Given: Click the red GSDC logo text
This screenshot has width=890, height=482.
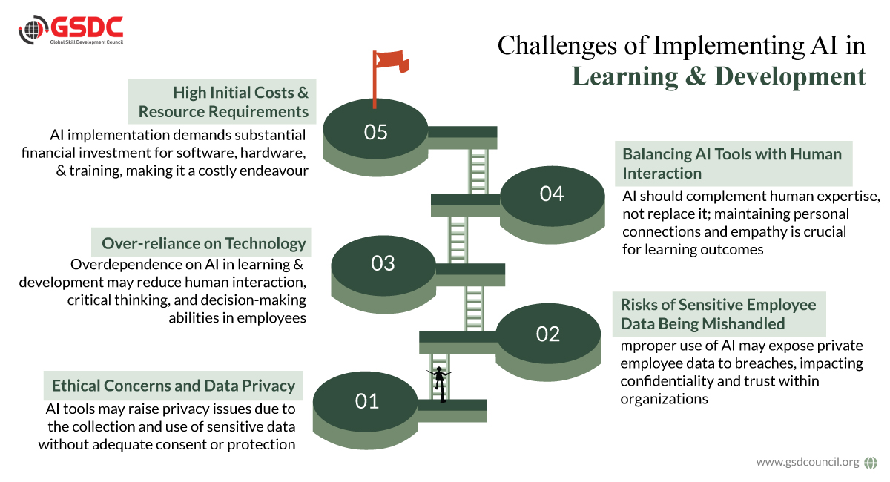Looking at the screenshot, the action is tap(87, 27).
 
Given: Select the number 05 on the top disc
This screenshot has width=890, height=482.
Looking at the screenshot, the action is tap(375, 132).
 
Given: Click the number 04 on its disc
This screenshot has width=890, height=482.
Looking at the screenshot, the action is tap(552, 194).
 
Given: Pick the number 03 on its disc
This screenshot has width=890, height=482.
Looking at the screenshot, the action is tap(383, 263).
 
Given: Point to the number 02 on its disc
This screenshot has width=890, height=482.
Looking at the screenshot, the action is tap(548, 334).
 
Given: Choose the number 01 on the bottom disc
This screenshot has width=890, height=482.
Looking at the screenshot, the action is tap(366, 401).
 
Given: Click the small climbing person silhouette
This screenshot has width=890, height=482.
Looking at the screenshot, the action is tap(439, 384).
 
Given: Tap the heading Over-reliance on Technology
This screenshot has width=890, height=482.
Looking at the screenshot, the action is tap(204, 243).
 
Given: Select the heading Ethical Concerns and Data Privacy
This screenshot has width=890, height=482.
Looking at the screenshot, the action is tap(174, 386).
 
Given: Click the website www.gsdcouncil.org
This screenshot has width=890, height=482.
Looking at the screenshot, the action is tap(808, 462).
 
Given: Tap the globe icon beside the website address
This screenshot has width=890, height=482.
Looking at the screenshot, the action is tap(871, 463).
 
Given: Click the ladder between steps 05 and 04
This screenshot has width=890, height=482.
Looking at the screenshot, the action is tap(478, 171).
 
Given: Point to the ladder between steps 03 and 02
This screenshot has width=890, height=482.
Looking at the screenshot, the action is tap(474, 308).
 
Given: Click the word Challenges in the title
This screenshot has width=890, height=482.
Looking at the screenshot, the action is tap(557, 47).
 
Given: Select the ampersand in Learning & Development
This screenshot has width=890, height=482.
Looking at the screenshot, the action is tap(696, 76).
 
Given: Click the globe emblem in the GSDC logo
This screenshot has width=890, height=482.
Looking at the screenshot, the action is tap(33, 30).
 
